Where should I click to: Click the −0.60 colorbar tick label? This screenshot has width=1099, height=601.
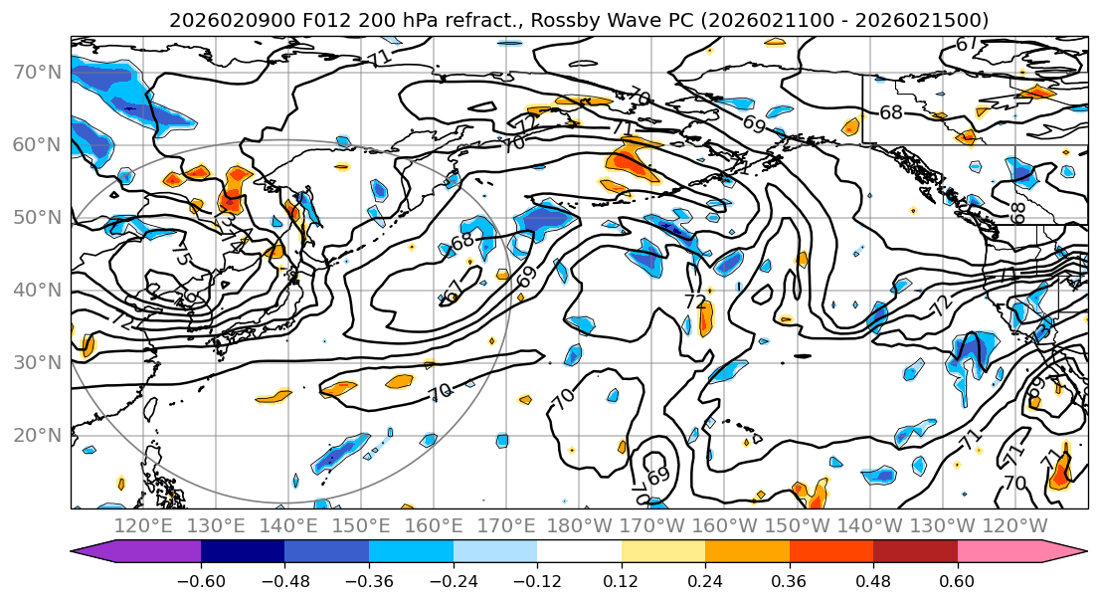tap(200, 580)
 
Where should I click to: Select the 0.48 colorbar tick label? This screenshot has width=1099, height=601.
tap(873, 580)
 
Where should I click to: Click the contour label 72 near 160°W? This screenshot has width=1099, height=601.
tap(695, 301)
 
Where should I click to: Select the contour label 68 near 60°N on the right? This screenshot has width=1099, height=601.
tap(891, 112)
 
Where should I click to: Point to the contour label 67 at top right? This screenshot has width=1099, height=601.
tap(966, 44)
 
